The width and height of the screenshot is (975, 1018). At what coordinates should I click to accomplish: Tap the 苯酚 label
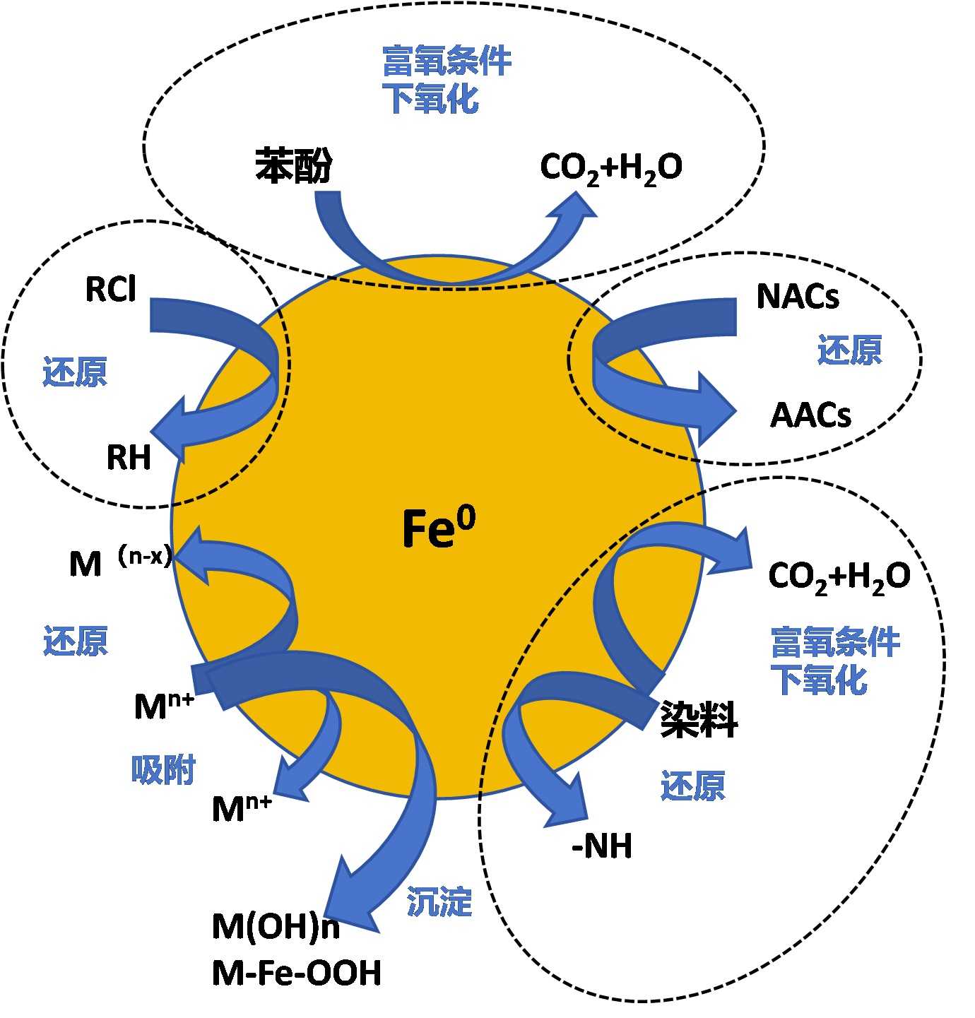[293, 166]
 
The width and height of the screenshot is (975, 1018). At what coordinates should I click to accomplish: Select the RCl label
[110, 289]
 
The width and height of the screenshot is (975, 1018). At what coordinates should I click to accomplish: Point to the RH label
[129, 457]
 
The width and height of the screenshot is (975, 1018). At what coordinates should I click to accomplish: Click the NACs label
[798, 297]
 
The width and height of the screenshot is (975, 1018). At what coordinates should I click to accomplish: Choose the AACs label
[810, 415]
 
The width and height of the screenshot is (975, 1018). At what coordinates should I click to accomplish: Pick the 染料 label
[699, 720]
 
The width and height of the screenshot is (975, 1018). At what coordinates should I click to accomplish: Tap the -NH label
[602, 846]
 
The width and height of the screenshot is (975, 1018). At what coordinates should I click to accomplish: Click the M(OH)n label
[276, 926]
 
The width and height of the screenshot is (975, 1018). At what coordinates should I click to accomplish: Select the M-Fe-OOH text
[296, 973]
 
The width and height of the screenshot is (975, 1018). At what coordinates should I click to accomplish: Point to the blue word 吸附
[163, 770]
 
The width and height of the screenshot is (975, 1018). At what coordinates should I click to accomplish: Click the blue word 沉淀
[439, 902]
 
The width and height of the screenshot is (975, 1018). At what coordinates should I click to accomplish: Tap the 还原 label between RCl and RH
[75, 372]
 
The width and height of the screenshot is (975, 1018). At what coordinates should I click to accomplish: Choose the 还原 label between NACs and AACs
[849, 350]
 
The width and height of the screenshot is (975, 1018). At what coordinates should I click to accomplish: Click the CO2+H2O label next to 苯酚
[611, 168]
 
